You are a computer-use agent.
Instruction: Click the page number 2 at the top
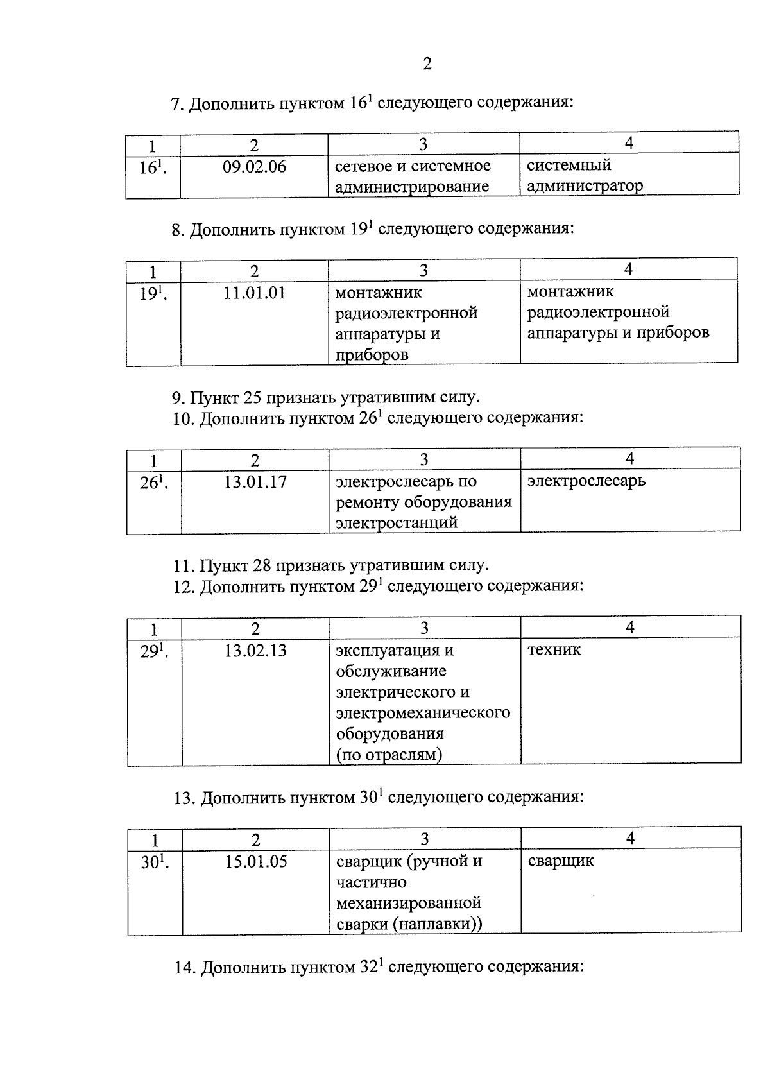point(427,64)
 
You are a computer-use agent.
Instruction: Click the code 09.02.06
point(254,167)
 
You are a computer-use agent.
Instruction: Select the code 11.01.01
point(254,294)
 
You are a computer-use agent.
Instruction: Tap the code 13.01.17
point(255,482)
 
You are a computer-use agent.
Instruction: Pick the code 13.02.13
point(255,651)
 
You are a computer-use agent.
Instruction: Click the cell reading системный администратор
point(585,176)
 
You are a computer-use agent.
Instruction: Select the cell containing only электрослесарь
point(586,481)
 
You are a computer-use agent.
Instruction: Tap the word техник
point(554,650)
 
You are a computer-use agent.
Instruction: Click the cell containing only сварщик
point(561,861)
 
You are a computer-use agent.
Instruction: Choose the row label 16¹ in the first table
point(153,168)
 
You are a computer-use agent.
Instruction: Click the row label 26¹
point(153,483)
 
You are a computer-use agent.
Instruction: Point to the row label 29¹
point(154,651)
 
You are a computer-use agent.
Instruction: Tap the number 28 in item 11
point(263,566)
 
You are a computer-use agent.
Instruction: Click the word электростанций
point(397,522)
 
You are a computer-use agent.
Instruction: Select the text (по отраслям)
point(389,755)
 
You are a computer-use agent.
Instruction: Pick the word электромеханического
point(423,713)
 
